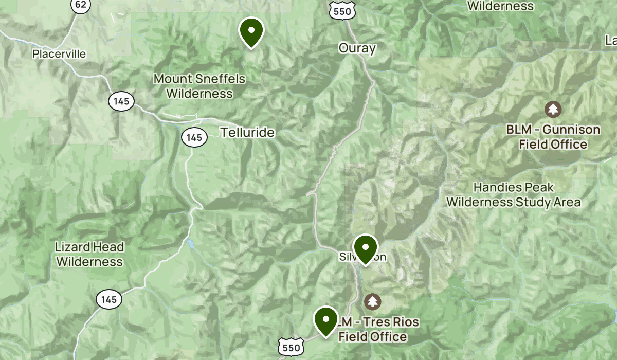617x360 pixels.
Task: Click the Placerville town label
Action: pos(59,54)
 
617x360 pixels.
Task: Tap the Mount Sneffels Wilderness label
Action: pos(199,86)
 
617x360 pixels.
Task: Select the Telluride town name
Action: pos(247,133)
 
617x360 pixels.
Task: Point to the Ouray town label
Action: pos(357,48)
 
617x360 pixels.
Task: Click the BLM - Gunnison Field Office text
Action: pos(553,137)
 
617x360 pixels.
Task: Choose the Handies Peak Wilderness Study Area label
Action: pos(513,195)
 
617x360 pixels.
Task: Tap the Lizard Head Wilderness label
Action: pos(89,255)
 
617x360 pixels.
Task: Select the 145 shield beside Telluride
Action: pos(194,137)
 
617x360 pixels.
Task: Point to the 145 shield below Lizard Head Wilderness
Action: pos(108,299)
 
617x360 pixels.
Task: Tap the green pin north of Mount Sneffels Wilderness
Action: pos(251,31)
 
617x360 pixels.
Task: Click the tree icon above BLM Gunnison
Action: pos(553,109)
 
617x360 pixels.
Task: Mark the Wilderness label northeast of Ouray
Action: pos(500,6)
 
